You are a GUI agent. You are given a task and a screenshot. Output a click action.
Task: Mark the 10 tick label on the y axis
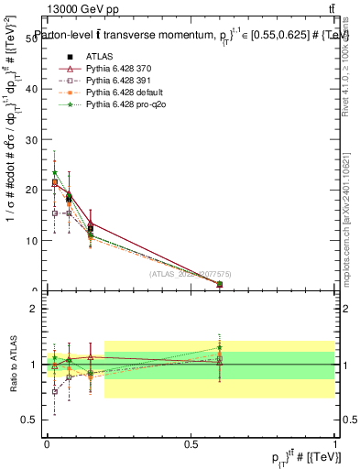click(x=37, y=241)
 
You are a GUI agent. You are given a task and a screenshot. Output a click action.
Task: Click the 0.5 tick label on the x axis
click(x=191, y=442)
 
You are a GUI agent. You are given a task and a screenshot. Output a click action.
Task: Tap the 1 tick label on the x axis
click(x=336, y=442)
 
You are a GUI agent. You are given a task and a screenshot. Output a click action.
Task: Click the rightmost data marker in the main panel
click(x=220, y=285)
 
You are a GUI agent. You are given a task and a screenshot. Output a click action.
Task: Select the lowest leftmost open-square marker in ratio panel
click(x=55, y=391)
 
